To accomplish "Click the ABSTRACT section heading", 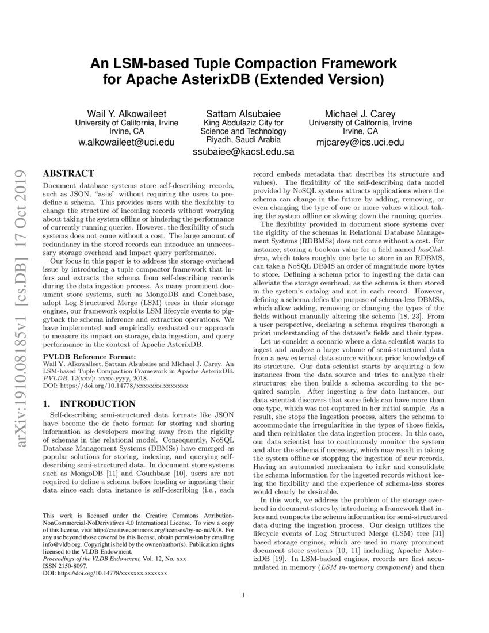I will point(69,173).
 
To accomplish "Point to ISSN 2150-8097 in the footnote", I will point(64,566).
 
